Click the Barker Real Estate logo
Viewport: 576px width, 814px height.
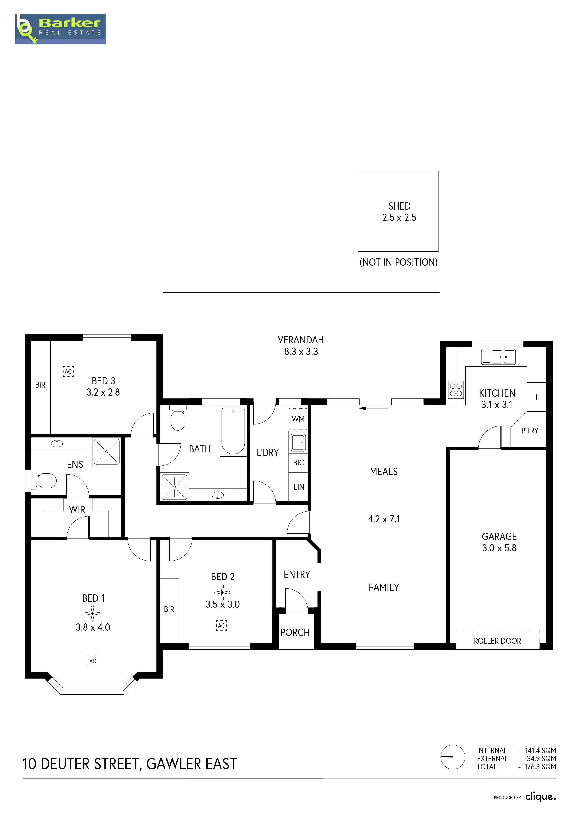[x=60, y=29]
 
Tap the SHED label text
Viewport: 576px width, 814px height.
[x=399, y=206]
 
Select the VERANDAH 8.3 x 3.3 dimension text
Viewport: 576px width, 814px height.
[x=301, y=351]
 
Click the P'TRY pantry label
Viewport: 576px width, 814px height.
[x=530, y=431]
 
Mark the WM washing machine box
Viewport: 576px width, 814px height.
[x=298, y=419]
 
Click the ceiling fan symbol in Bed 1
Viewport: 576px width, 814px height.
[x=93, y=613]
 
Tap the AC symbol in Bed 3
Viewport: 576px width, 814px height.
[x=68, y=371]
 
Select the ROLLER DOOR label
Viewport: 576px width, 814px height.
[x=497, y=641]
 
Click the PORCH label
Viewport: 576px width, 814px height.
[x=295, y=633]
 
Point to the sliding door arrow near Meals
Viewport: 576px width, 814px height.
[x=374, y=408]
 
